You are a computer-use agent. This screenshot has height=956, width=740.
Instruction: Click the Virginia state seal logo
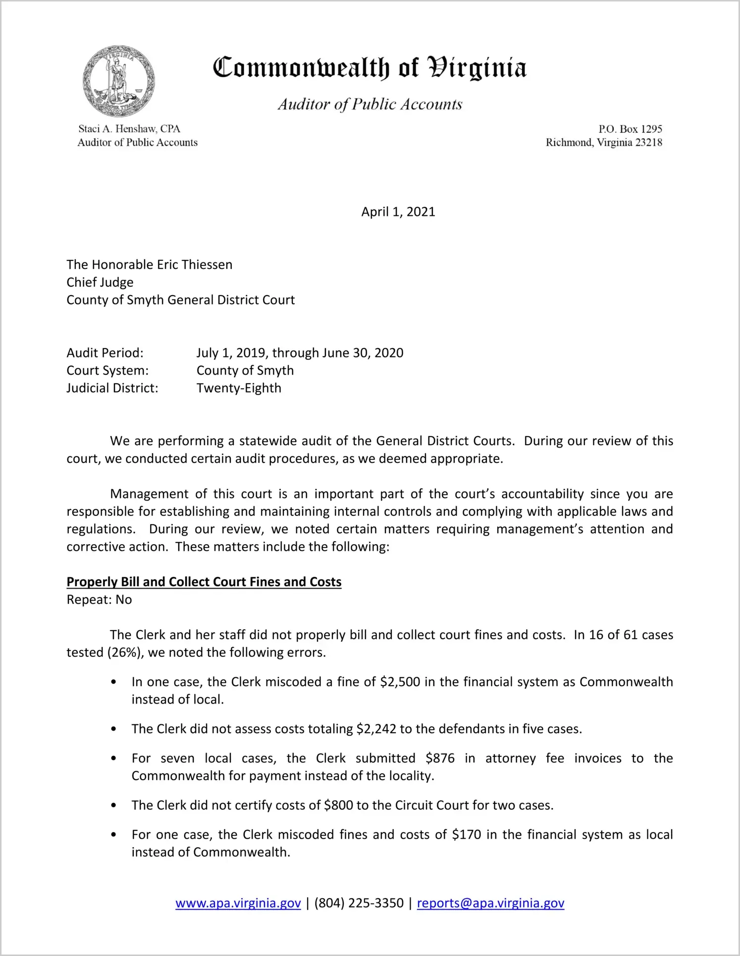(x=119, y=81)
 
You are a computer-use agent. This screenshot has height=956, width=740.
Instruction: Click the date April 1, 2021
(x=398, y=212)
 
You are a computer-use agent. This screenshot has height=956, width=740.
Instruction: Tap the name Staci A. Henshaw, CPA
(x=129, y=129)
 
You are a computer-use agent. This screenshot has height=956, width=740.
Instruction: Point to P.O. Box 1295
(x=630, y=129)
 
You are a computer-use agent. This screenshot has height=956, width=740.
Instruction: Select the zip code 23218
(x=648, y=143)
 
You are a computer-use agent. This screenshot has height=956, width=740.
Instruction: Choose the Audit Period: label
(x=105, y=353)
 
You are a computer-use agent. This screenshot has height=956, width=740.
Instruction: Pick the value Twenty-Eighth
(x=239, y=388)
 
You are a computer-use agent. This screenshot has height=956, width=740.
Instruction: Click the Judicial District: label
(x=112, y=388)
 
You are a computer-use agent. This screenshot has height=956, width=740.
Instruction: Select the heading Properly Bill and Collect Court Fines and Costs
(x=204, y=582)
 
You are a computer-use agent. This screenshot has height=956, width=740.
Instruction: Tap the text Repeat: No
(x=99, y=600)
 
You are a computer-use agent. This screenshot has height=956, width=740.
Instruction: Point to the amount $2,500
(x=400, y=682)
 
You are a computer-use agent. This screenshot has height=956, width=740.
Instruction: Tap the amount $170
(x=466, y=835)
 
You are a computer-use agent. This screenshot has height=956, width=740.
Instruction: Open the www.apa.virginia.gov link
(x=238, y=903)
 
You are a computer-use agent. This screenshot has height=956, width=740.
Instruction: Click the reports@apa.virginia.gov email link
(x=490, y=903)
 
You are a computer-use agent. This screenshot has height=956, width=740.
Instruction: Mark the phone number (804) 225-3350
(x=359, y=903)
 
